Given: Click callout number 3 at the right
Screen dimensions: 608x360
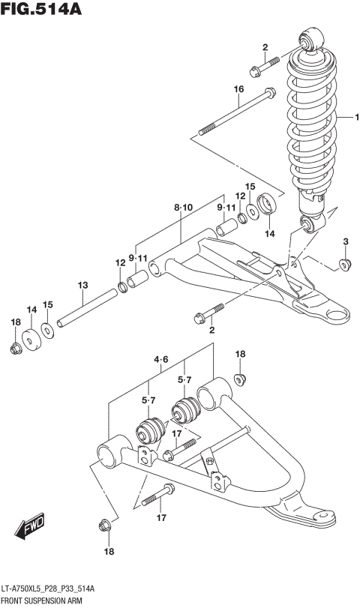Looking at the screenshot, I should click(346, 241).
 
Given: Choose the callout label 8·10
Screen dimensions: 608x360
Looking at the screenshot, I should click(183, 206).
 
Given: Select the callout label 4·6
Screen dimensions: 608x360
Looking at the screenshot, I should click(161, 360).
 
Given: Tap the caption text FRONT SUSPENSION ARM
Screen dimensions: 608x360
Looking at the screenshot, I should click(42, 601).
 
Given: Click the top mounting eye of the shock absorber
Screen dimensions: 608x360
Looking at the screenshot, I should click(310, 40).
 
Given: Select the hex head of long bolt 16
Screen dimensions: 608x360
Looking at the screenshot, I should click(267, 94).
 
